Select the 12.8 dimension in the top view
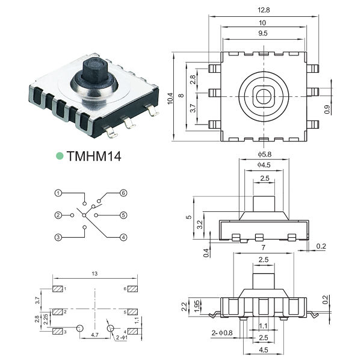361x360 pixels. (264, 10)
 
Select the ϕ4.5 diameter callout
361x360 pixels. (264, 165)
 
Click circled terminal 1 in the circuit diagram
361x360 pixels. (58, 193)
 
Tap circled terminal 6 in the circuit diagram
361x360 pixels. (123, 193)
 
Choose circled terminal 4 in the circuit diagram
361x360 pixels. (123, 237)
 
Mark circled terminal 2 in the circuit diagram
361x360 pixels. (58, 215)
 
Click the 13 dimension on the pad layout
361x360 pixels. (94, 274)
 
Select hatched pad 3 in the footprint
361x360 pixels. (58, 332)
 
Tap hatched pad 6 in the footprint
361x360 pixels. (133, 290)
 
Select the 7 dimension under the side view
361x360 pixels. (264, 247)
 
